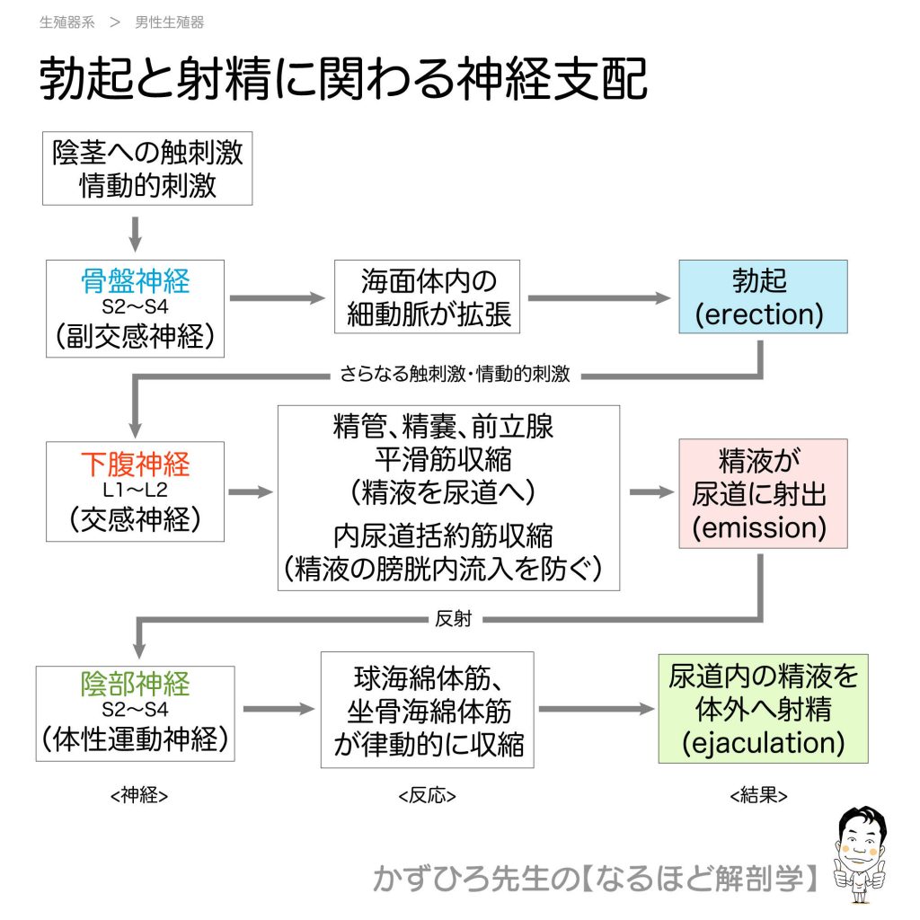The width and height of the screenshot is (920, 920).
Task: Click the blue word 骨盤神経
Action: point(135,281)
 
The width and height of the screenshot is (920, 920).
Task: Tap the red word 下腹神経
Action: point(135,464)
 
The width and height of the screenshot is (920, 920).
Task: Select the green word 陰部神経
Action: point(135,685)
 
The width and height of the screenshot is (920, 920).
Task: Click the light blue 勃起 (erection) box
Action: point(762,296)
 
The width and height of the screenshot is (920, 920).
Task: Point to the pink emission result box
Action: point(762,493)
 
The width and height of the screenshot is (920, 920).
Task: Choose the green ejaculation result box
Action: point(763,709)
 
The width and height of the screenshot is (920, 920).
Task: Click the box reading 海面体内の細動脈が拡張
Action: point(429,296)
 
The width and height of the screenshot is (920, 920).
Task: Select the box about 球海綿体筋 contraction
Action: point(428,710)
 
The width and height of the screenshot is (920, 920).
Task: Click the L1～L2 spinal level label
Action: point(135,491)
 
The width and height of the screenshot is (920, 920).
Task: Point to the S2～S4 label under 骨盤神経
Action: point(135,308)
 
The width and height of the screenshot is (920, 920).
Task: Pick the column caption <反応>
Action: point(427,796)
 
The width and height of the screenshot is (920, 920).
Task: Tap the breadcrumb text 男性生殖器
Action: point(170,22)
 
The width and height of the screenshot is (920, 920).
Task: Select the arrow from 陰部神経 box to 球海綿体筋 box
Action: point(278,710)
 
